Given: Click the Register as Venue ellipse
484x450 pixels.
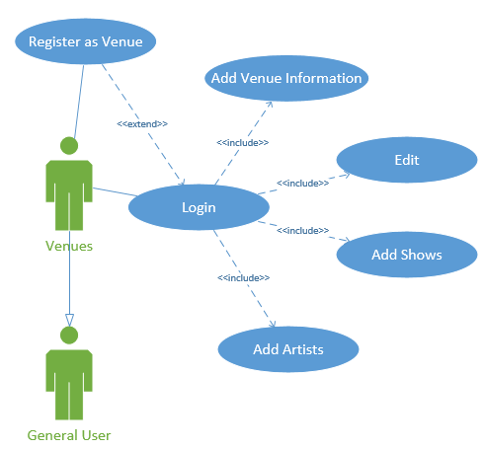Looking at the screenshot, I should tap(85, 41).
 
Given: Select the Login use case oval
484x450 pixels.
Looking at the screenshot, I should tap(199, 207).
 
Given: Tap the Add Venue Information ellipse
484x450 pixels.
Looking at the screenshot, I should tap(285, 77).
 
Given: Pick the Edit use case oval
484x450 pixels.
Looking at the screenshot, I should tap(406, 160).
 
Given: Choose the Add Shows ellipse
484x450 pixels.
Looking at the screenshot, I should tap(406, 255).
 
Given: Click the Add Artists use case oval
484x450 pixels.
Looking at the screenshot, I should tap(287, 348).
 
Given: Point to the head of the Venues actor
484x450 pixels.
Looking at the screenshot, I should tap(68, 145).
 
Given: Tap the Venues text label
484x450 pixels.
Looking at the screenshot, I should tap(69, 246).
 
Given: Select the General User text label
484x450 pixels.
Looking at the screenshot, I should tap(69, 434).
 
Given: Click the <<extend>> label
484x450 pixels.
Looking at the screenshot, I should tap(142, 124).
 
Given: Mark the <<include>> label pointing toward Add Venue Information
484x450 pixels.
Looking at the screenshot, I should tap(243, 142).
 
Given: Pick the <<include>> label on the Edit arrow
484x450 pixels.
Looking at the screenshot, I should tap(302, 183).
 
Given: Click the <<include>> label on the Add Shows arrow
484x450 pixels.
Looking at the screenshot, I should tap(302, 230).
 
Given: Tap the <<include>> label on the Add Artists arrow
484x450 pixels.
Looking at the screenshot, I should tap(243, 277).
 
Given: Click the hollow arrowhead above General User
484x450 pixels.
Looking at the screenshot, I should tap(68, 319).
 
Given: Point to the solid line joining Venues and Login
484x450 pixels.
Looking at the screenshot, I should tap(112, 191).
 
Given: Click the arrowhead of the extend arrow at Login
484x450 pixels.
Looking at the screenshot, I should tap(182, 182).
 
